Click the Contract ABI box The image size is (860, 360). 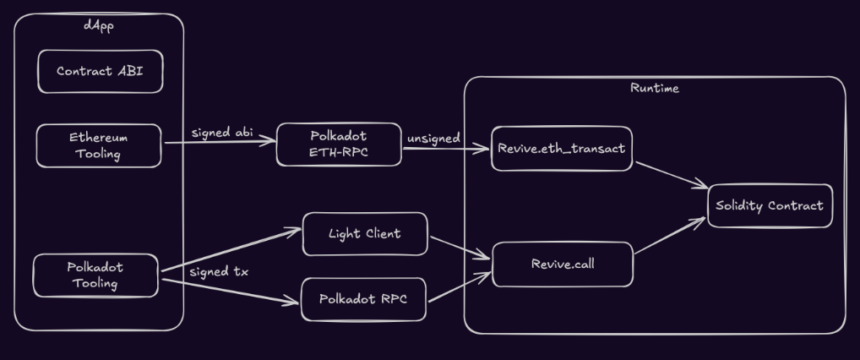point(100,72)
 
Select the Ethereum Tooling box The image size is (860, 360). point(98,145)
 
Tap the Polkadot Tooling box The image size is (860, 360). point(95,275)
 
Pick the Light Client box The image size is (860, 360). point(364,234)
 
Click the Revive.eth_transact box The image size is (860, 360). point(561,149)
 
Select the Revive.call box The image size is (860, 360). point(562,264)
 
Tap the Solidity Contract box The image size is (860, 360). point(769,205)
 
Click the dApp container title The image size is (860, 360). point(99,25)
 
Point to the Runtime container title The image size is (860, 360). point(654,88)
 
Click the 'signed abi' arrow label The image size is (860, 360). point(222,133)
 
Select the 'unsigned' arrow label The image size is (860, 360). point(433,138)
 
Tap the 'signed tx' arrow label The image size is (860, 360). point(219,272)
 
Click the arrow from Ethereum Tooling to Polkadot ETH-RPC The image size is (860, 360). point(220,142)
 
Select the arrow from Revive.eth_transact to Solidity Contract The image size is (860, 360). point(671,174)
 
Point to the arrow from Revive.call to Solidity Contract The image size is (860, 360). point(669,236)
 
